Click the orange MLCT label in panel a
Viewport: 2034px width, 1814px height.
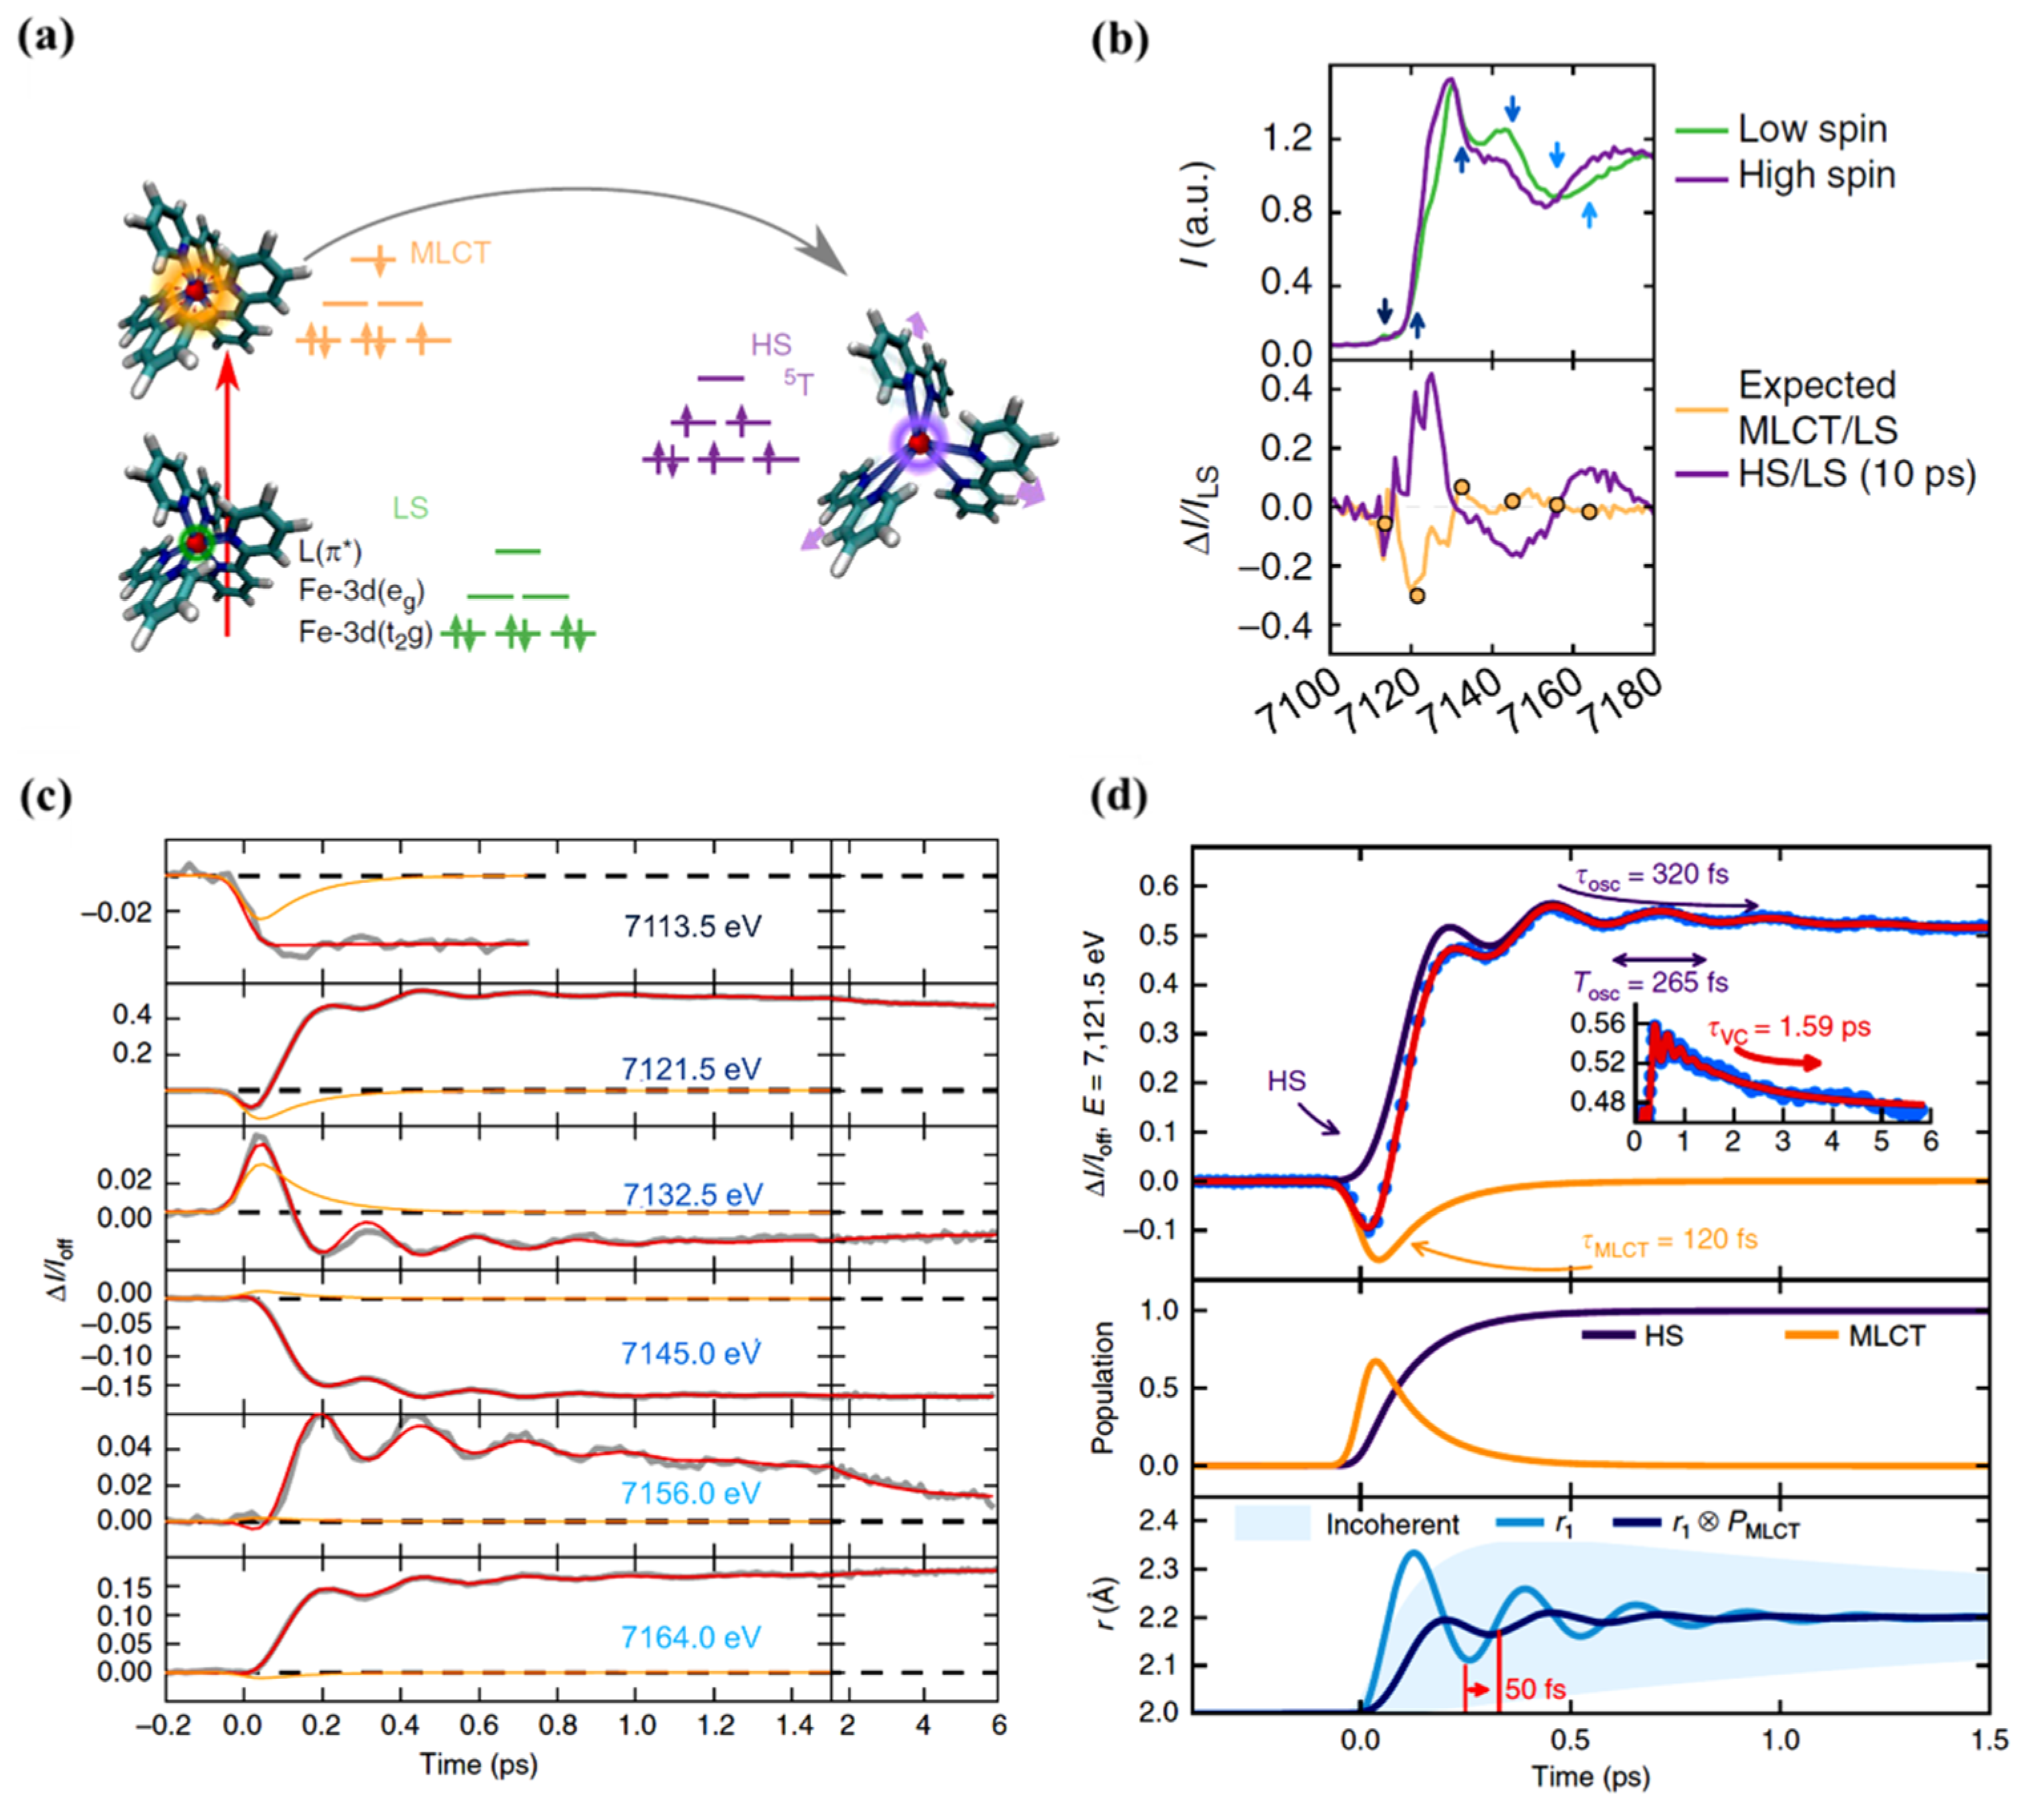click(x=450, y=253)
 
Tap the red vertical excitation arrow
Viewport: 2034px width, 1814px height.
click(x=227, y=498)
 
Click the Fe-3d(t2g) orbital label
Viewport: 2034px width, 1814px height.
click(x=366, y=633)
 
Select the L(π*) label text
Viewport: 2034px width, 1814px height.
click(x=330, y=551)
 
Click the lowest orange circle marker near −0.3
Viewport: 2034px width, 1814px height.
click(x=1416, y=596)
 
